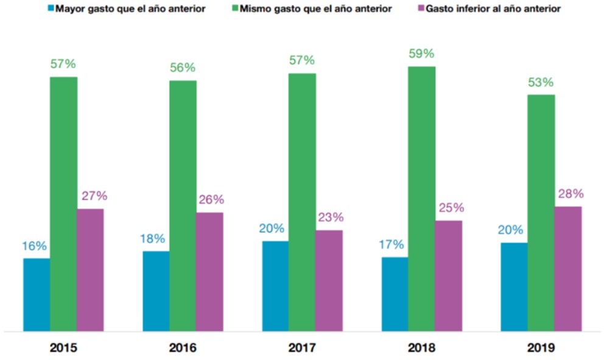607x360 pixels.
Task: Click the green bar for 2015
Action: pos(63,204)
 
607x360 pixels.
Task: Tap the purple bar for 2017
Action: pos(329,281)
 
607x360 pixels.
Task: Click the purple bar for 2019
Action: pos(568,269)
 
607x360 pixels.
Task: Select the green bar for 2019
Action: pos(541,213)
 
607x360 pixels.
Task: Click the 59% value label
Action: pos(421,54)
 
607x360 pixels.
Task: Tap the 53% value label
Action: pos(541,82)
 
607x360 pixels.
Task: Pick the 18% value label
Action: pos(155,239)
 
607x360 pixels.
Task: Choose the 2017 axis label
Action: pos(302,348)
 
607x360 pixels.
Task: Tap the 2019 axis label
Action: pos(541,348)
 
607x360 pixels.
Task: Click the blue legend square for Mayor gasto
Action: pos(51,9)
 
